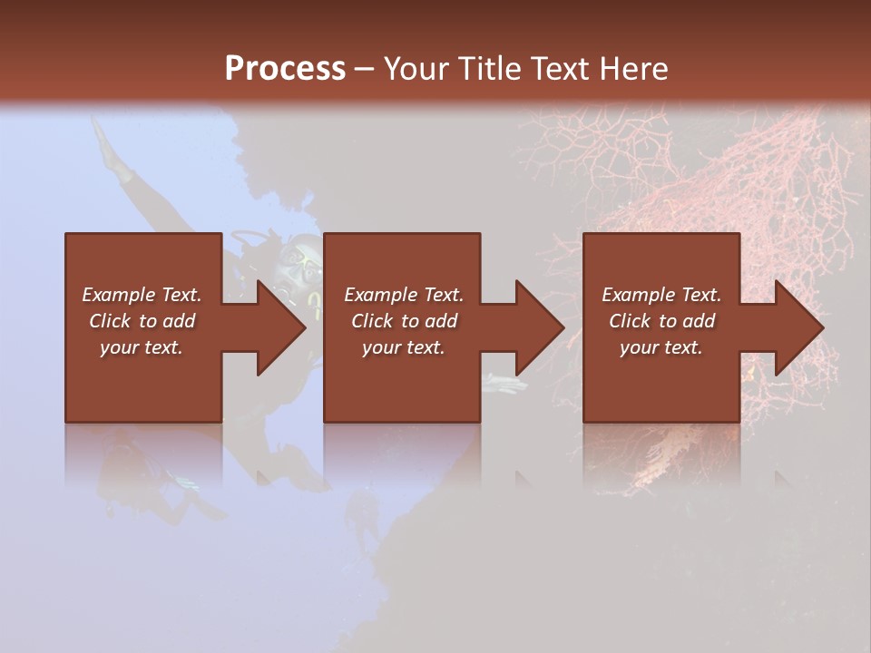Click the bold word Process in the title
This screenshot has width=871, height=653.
pyautogui.click(x=285, y=69)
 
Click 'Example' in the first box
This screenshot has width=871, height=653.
pyautogui.click(x=118, y=295)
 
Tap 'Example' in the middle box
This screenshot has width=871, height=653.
pyautogui.click(x=379, y=295)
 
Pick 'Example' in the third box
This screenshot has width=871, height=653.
pyautogui.click(x=638, y=295)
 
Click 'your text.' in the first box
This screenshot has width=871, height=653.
pyautogui.click(x=142, y=347)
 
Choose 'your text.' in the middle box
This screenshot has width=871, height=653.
pyautogui.click(x=403, y=347)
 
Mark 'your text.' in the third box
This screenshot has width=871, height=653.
pyautogui.click(x=661, y=347)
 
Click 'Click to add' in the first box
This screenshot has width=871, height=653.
pyautogui.click(x=142, y=321)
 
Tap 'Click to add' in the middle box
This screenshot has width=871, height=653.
pyautogui.click(x=403, y=321)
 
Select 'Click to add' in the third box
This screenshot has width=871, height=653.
pyautogui.click(x=661, y=321)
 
